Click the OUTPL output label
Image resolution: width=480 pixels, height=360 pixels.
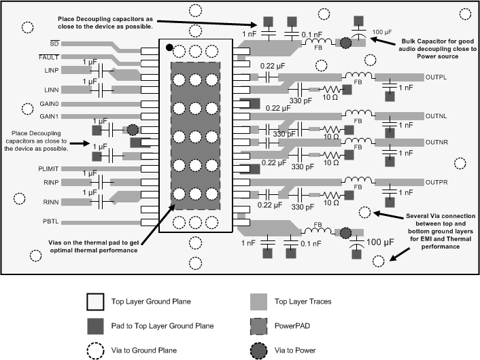[x=435, y=77]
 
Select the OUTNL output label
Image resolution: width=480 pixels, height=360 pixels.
[x=435, y=115]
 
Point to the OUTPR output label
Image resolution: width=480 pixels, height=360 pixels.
[x=435, y=183]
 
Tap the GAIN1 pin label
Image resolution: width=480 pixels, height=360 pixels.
[x=50, y=116]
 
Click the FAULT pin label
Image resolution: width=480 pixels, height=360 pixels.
[x=50, y=58]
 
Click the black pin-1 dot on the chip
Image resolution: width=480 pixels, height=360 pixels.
[x=170, y=49]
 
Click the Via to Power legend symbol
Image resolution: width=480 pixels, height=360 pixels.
[x=259, y=350]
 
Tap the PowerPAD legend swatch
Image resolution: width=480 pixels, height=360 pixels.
[x=259, y=326]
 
